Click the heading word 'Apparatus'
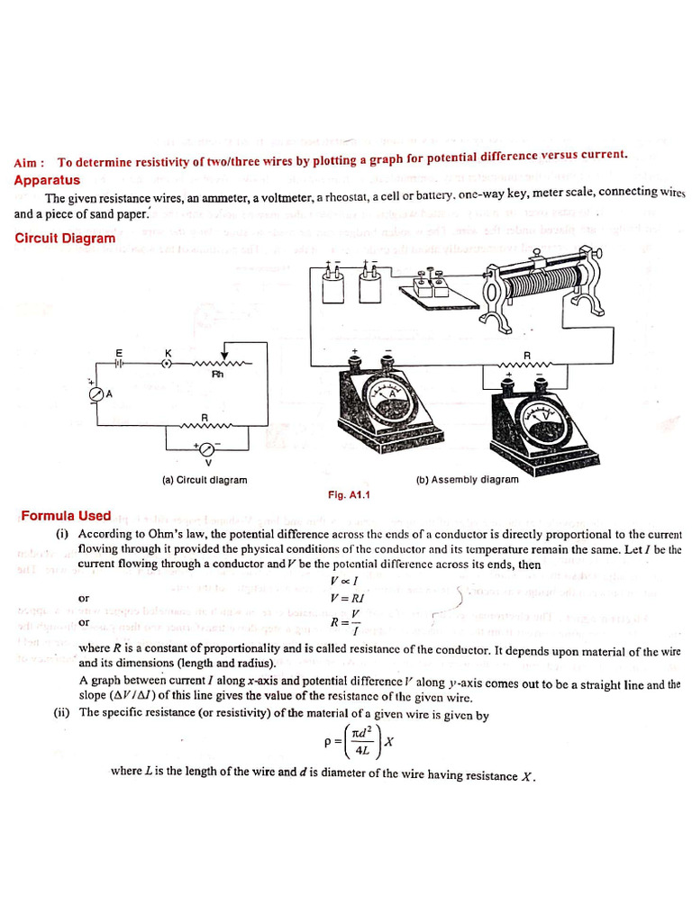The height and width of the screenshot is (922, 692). [47, 180]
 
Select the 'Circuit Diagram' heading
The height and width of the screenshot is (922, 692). [65, 239]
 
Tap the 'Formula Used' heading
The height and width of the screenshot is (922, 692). [66, 516]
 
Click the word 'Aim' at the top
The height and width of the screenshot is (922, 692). [26, 163]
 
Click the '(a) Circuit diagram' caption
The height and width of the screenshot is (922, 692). [205, 480]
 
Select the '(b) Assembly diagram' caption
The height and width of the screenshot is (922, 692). [467, 480]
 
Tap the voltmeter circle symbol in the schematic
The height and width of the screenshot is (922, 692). [205, 448]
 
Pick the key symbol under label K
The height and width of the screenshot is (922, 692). [166, 364]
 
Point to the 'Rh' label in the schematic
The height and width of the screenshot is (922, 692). [217, 374]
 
